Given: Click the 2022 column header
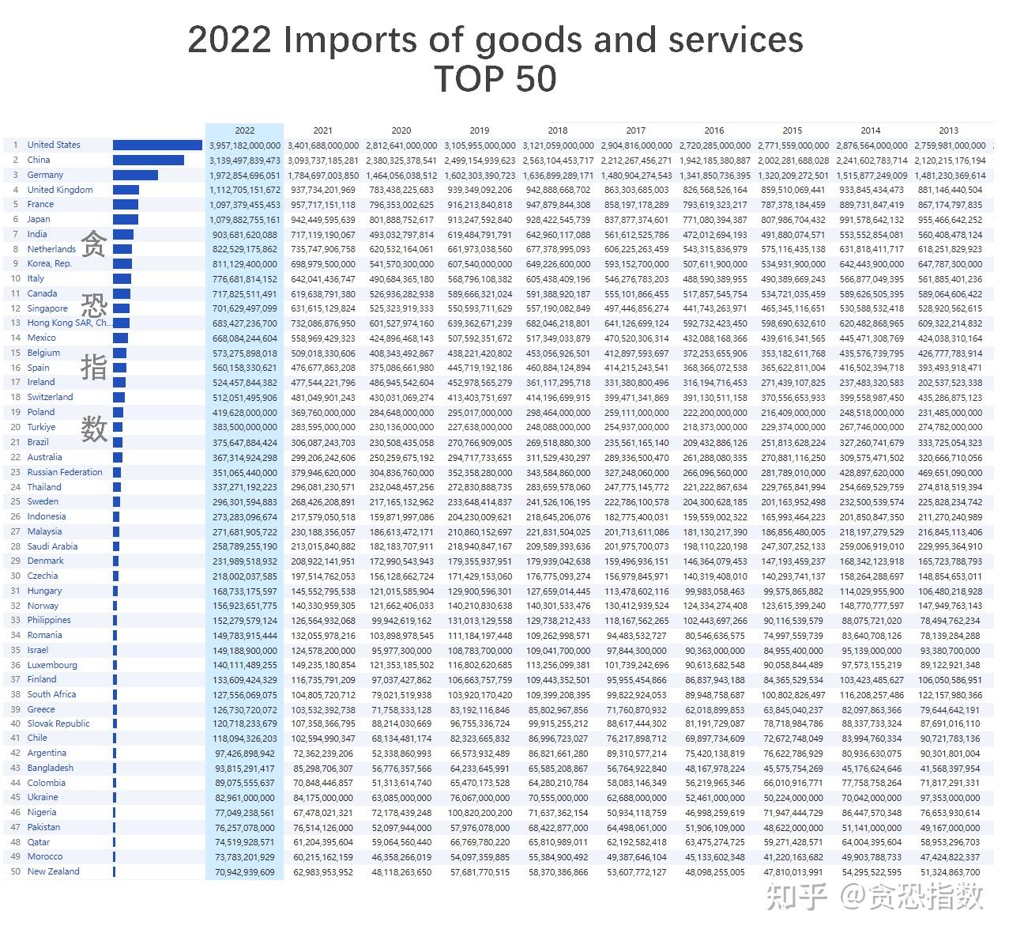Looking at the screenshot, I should click(244, 130).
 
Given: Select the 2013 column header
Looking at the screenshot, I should click(948, 130).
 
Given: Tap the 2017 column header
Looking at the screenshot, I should click(635, 130).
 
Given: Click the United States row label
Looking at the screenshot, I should click(54, 145).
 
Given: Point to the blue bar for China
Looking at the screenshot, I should click(149, 160).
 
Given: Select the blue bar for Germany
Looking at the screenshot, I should click(135, 175).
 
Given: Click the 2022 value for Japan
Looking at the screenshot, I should click(245, 220).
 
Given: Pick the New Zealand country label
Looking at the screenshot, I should click(53, 871).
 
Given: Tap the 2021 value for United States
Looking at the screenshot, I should click(322, 145).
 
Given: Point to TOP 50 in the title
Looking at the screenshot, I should click(495, 79).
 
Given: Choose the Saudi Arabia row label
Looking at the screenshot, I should click(52, 546).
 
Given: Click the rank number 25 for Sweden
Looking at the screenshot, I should click(16, 501).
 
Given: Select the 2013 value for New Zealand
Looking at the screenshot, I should click(950, 872).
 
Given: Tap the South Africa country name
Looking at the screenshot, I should click(51, 694).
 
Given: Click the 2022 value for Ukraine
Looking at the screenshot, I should click(245, 798).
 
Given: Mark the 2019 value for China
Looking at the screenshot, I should click(479, 161).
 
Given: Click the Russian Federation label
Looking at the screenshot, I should click(65, 472).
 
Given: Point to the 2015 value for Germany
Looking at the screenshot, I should click(793, 176).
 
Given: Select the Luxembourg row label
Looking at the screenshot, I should click(52, 665).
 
